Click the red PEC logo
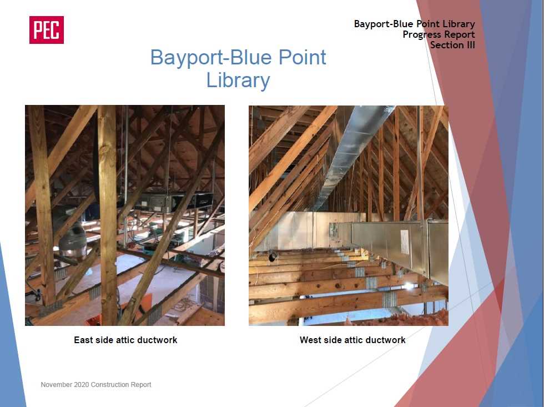tap(47, 30)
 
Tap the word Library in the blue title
tap(238, 81)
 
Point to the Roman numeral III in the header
tap(471, 45)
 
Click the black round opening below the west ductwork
tap(273, 257)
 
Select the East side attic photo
tap(125, 215)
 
